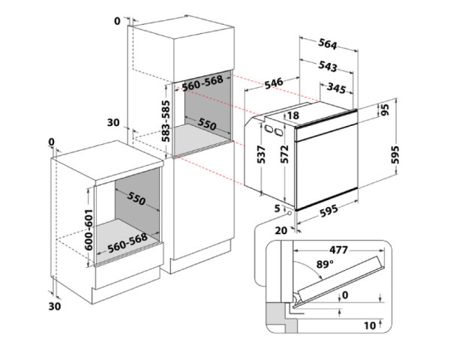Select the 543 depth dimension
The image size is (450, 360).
326,66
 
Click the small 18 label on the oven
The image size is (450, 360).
292,115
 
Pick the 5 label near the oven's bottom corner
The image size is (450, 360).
276,208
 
